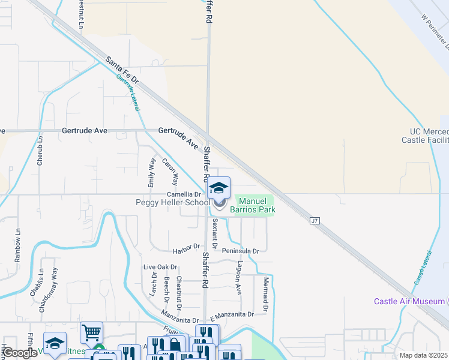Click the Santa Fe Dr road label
[122, 70]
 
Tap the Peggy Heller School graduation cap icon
[219, 188]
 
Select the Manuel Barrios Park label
[256, 205]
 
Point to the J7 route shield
[314, 221]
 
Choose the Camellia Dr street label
[183, 195]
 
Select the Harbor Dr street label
[185, 247]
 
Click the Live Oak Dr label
[160, 267]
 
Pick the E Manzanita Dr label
[232, 314]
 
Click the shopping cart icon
[91, 332]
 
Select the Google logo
[20, 352]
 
